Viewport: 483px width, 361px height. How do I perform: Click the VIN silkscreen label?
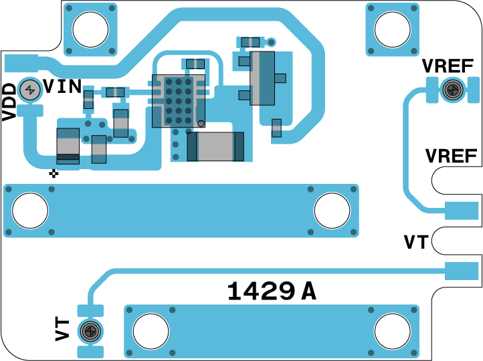[62, 86]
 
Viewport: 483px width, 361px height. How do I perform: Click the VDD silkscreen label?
[9, 102]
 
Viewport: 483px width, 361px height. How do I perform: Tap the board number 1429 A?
[272, 291]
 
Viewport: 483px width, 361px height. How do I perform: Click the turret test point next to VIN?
[30, 90]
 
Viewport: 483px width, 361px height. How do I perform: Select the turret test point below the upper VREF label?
[452, 90]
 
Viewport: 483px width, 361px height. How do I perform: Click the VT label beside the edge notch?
[416, 242]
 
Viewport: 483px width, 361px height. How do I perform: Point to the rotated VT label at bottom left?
[62, 330]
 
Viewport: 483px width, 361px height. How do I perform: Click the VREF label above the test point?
[448, 66]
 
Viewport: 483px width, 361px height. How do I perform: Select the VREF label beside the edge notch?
[452, 156]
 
